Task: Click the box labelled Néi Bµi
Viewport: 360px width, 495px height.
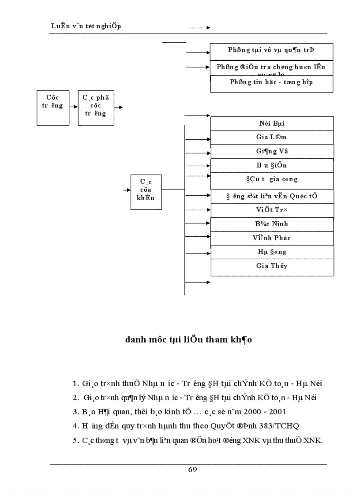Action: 272,123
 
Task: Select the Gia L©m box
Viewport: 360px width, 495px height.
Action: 272,137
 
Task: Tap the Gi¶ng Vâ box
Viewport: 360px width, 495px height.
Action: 272,151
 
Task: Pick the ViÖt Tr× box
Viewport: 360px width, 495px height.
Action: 272,210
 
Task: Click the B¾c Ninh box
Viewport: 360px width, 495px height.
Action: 272,224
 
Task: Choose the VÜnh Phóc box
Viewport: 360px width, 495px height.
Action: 272,238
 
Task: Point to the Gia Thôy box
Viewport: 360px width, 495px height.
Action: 272,266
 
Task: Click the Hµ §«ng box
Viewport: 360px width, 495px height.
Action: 272,252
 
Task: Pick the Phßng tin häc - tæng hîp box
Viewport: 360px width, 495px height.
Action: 271,83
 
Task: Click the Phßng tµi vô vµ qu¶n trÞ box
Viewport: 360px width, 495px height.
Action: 271,50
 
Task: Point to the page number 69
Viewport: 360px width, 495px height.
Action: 192,469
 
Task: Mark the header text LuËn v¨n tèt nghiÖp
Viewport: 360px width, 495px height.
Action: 86,26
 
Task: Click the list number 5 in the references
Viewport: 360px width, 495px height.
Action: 75,440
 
